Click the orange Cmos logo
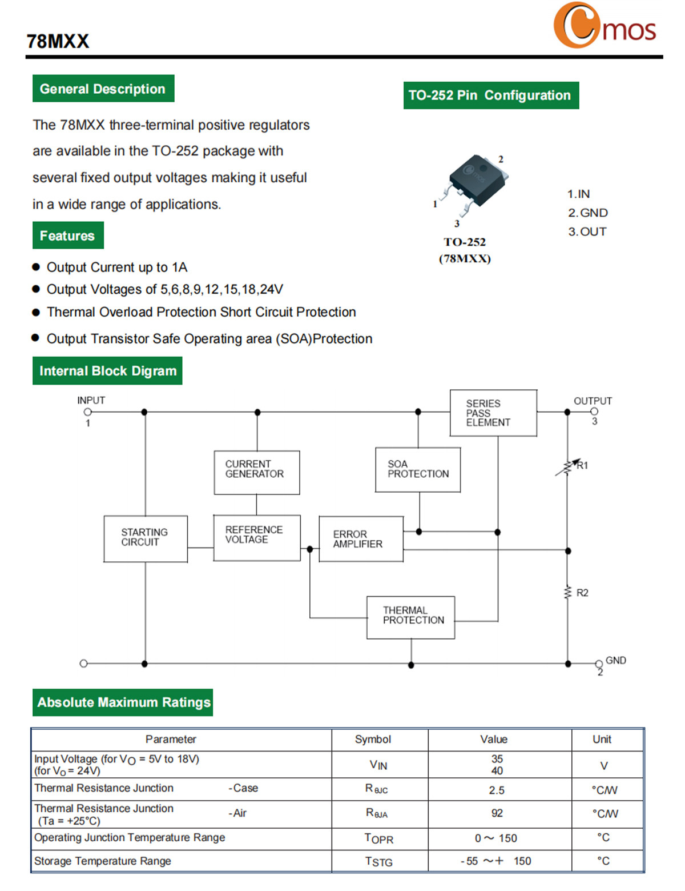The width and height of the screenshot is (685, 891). coord(604,25)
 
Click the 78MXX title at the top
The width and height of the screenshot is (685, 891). coord(58,41)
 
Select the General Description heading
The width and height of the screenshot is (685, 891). coord(103,88)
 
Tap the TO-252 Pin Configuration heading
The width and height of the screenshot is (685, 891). coord(490,95)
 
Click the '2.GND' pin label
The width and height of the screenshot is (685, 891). coord(587,213)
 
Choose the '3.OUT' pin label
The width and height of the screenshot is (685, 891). coord(587,231)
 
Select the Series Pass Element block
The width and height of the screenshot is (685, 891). coord(493,413)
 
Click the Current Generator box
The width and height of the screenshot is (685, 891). coord(257,472)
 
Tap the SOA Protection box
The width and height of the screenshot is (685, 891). coord(418,469)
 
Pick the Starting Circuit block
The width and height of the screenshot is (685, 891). coord(146,539)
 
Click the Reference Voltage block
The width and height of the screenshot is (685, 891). coord(257,538)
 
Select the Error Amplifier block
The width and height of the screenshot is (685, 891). coord(361,539)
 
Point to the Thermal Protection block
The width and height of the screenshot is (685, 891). coord(410,617)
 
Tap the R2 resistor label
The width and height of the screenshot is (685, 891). coord(582,593)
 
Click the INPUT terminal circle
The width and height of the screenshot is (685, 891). coord(87,411)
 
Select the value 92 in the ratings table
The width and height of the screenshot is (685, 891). coord(497,813)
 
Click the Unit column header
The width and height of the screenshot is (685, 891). coord(602,739)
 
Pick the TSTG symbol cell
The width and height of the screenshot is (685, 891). coord(378,861)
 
